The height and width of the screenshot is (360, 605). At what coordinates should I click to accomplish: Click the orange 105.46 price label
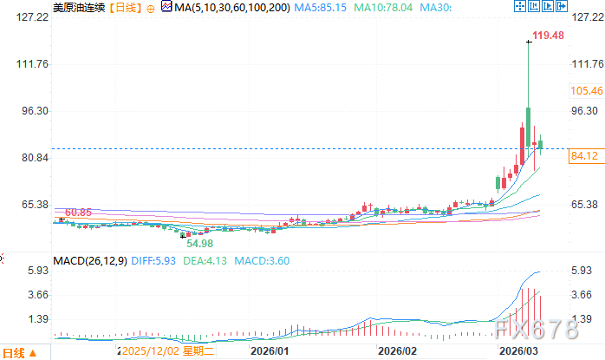click(x=587, y=90)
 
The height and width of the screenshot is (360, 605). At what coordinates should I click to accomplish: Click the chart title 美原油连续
click(x=81, y=8)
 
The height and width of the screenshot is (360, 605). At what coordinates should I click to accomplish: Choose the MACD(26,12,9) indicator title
click(x=90, y=260)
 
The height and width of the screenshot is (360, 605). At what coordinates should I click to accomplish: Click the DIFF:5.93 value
click(x=153, y=260)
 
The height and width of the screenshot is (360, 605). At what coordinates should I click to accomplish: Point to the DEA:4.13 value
click(x=208, y=260)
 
